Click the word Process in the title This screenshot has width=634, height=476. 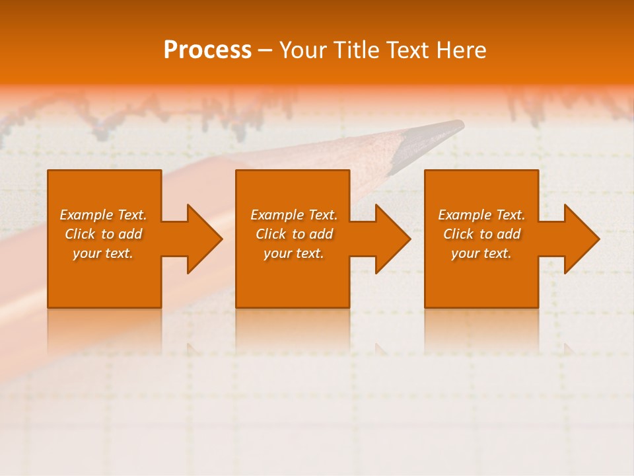point(207,50)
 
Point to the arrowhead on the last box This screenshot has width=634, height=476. point(581,239)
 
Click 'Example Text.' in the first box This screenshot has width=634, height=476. point(104,215)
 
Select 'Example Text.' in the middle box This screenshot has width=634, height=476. point(294,215)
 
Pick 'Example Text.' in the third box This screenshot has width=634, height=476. point(481,215)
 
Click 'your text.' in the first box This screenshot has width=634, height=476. point(103,253)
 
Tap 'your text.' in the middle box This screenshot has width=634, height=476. point(294,253)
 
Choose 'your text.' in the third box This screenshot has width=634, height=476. point(481,253)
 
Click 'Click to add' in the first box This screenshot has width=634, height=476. point(104,234)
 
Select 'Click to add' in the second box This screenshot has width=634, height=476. point(294,234)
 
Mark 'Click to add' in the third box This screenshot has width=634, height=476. point(481,234)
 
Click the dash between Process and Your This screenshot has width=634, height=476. point(265,50)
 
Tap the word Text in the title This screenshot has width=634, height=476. point(405,50)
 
